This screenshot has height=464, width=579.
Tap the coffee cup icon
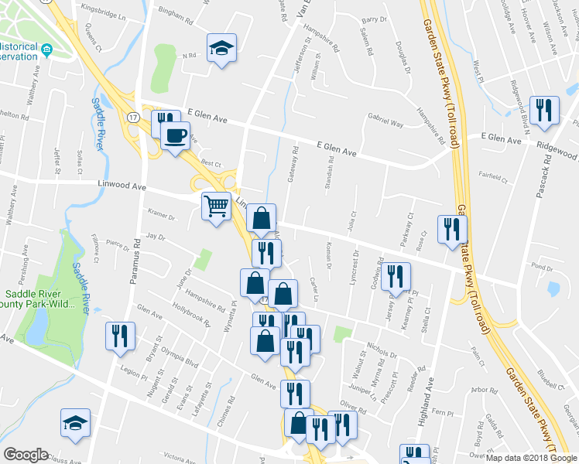(x=176, y=136)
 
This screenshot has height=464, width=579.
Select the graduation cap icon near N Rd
(x=221, y=49)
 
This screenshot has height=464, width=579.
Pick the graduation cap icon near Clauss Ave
(x=76, y=423)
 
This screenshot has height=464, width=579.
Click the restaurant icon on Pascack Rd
(x=543, y=109)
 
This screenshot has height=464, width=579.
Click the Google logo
(x=26, y=455)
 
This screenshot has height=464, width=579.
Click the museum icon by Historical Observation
(x=47, y=51)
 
